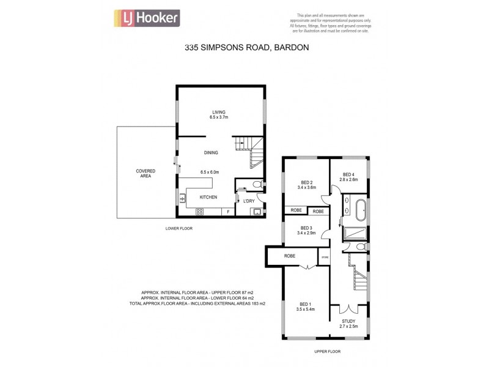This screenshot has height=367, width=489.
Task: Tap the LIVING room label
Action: (x=219, y=113)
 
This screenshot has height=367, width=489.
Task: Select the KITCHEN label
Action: (x=209, y=197)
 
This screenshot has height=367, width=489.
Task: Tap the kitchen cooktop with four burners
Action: (x=199, y=212)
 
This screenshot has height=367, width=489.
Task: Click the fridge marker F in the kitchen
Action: (x=228, y=212)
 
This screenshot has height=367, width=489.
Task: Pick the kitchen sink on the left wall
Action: (x=182, y=198)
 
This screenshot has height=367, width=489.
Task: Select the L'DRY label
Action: (x=249, y=201)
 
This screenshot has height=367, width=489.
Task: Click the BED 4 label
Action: (x=348, y=174)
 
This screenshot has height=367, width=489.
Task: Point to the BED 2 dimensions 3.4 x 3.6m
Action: (x=307, y=187)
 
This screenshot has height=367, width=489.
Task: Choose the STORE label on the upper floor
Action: (x=325, y=258)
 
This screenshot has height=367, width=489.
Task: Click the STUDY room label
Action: (x=349, y=321)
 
